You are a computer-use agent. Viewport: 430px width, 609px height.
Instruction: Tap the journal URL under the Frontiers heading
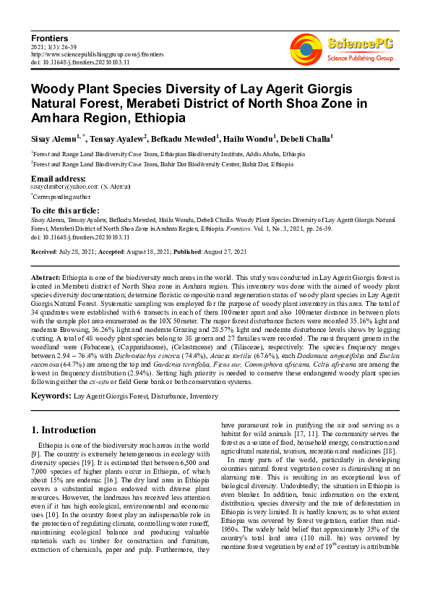(x=98, y=54)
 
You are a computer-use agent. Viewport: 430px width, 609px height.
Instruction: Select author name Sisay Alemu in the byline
(x=53, y=138)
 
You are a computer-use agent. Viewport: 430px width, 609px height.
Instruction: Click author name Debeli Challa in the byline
(x=304, y=138)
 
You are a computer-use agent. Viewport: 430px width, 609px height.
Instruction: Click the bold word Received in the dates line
(x=44, y=252)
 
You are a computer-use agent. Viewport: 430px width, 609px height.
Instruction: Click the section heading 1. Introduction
(x=64, y=430)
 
